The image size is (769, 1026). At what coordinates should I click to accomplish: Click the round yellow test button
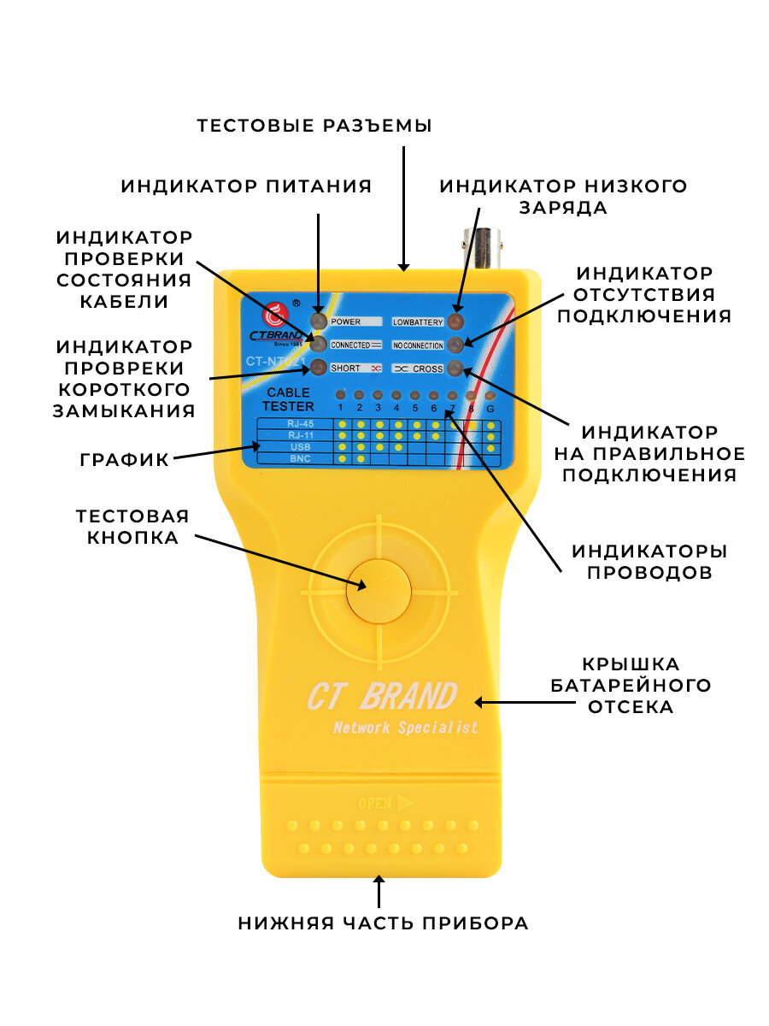click(x=379, y=590)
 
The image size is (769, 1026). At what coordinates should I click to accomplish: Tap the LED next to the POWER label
click(x=318, y=321)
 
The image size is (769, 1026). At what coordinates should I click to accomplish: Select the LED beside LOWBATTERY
click(x=455, y=321)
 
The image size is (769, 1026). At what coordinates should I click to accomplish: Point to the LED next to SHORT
click(x=318, y=368)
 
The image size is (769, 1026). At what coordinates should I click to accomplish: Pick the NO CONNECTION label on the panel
click(x=418, y=345)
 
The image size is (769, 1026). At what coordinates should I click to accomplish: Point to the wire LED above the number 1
click(x=341, y=395)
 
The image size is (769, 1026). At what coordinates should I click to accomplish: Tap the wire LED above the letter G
click(x=490, y=396)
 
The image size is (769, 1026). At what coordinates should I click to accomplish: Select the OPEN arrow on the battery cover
click(x=386, y=803)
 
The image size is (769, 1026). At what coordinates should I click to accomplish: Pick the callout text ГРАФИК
click(x=125, y=458)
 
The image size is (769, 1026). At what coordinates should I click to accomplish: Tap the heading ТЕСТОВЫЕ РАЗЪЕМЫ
click(x=314, y=126)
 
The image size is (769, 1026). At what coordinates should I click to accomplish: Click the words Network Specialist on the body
click(x=405, y=728)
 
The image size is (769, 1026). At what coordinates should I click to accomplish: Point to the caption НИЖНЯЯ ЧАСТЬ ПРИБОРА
click(x=383, y=923)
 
